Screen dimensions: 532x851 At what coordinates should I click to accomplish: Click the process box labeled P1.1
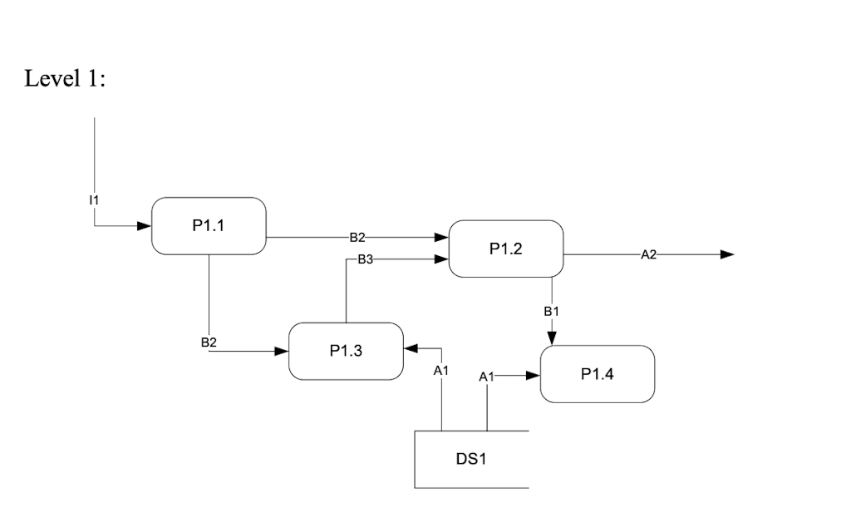tap(209, 226)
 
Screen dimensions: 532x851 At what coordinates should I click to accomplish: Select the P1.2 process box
tap(505, 249)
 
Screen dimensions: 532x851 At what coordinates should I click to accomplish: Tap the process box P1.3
tap(346, 351)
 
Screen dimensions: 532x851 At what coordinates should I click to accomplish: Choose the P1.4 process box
tap(598, 374)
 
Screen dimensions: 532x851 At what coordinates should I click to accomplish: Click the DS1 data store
tap(470, 459)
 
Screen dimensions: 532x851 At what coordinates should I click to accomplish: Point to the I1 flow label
tap(94, 199)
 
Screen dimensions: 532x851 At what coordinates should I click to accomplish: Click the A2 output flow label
tap(649, 254)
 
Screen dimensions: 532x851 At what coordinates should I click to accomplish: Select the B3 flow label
tap(365, 259)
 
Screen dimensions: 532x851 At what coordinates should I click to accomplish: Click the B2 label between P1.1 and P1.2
tap(357, 238)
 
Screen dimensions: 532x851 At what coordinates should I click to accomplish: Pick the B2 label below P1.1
tap(209, 342)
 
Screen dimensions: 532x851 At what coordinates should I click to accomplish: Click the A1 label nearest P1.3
tap(441, 371)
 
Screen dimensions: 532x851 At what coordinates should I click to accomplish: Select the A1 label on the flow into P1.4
tap(487, 377)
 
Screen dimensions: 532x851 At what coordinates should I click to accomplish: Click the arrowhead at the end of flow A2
tap(727, 254)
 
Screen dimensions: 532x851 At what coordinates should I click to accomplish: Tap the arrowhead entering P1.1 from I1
tap(144, 225)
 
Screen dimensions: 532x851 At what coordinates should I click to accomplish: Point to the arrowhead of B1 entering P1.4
tap(552, 337)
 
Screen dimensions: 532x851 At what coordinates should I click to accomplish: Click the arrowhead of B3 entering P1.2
tap(441, 259)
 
